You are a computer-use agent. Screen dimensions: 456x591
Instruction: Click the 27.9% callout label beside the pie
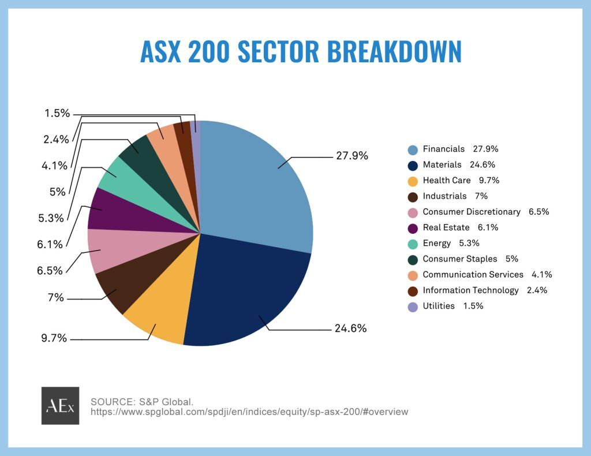(x=351, y=156)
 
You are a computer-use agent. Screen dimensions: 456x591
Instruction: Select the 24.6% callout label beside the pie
(x=350, y=328)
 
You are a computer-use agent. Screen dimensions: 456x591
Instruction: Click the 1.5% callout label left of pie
(x=57, y=113)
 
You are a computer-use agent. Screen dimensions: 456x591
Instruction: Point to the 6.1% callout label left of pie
(x=50, y=245)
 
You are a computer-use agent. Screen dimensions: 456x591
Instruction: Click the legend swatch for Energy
(x=412, y=244)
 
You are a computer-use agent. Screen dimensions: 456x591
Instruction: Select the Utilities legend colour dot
(x=412, y=307)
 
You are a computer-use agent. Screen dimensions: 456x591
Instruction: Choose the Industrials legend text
(x=444, y=196)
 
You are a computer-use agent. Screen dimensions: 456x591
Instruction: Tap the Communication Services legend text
(x=473, y=275)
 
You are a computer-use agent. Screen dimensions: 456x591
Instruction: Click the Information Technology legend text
(x=470, y=290)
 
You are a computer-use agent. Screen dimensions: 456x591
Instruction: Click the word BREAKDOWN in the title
(x=395, y=52)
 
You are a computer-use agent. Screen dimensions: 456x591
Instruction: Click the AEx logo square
(x=60, y=406)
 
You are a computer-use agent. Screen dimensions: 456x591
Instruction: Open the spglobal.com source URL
(x=249, y=412)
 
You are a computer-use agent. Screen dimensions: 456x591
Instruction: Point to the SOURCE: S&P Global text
(x=142, y=401)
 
